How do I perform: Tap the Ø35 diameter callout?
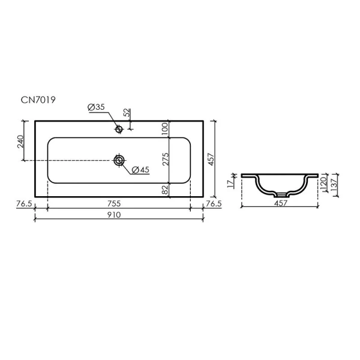(97, 107)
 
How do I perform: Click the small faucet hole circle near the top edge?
(119, 128)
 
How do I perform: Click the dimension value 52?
(127, 112)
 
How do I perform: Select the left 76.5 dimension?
(23, 204)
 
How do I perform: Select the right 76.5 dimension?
(214, 204)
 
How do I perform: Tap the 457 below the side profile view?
(281, 203)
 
